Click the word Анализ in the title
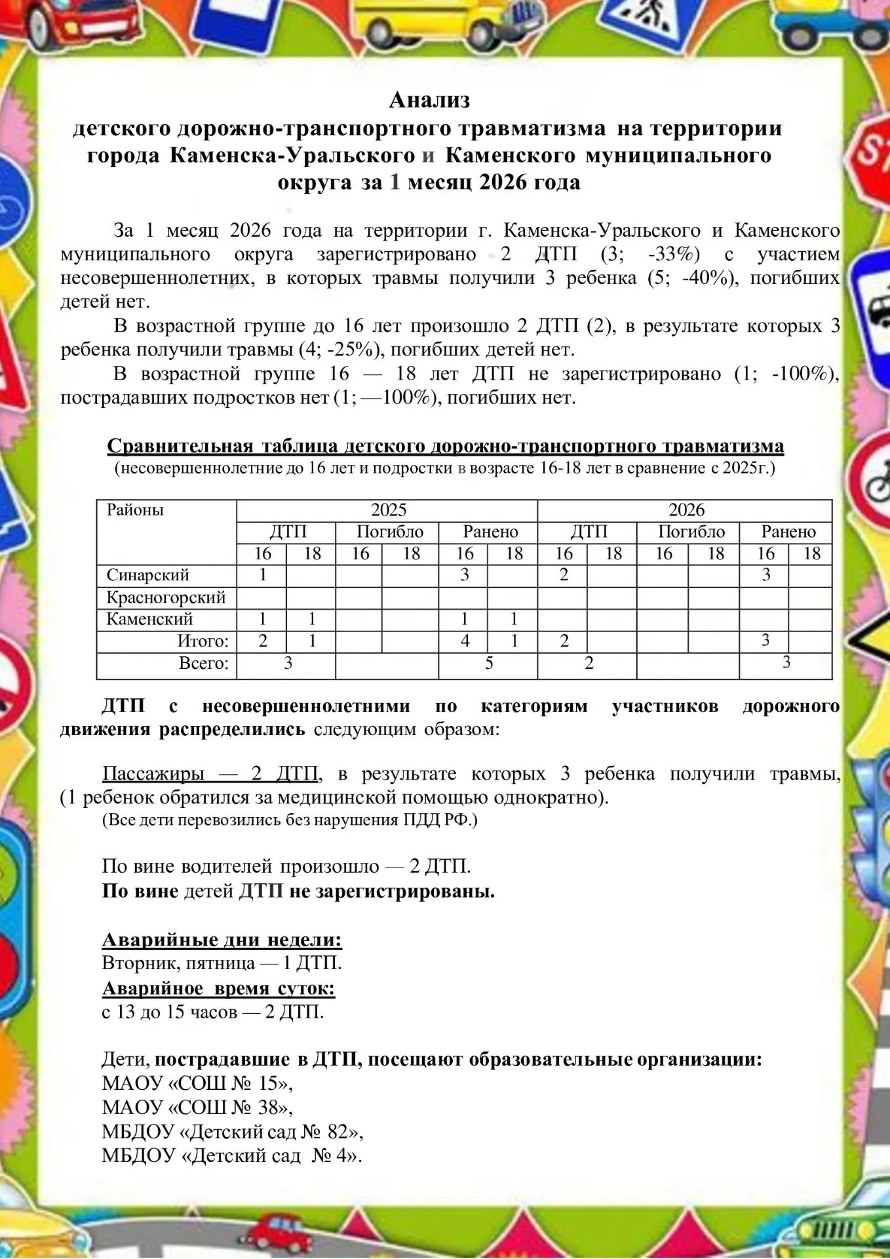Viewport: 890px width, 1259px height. pos(429,100)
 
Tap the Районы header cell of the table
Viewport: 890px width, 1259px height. pos(135,510)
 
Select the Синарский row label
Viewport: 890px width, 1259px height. pos(147,575)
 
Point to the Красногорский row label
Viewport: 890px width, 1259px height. pos(166,597)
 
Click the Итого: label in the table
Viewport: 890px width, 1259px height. pos(203,641)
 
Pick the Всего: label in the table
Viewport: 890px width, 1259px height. pos(204,664)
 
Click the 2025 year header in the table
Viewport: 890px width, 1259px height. pos(389,510)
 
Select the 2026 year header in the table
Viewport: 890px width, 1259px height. pos(686,510)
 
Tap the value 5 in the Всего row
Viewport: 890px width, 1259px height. pos(489,664)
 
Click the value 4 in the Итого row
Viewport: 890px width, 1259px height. pos(465,641)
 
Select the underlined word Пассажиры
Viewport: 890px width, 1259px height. pos(153,774)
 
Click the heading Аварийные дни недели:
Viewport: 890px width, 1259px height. pos(222,940)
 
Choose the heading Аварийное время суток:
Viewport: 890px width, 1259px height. pos(218,988)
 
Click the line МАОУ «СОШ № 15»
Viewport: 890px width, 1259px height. pos(197,1083)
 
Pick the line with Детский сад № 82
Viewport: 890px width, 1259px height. pos(232,1131)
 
